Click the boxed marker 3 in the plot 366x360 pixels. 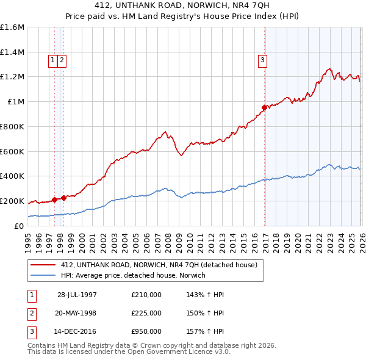262,60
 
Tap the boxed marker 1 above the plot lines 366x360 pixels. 53,60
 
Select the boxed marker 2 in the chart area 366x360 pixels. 63,60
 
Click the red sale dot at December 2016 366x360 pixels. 264,108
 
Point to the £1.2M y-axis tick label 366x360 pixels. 12,77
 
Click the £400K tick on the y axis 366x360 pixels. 12,176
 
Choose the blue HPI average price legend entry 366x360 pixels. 133,276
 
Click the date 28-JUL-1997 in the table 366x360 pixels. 77,295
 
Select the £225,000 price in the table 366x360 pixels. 146,313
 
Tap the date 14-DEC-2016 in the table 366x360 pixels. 77,332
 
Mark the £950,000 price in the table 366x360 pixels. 146,332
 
